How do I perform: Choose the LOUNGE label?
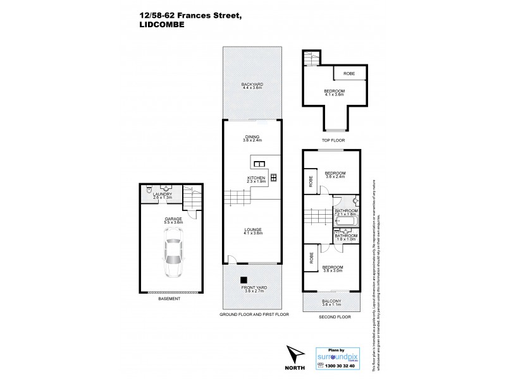click(x=252, y=231)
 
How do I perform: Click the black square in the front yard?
click(x=242, y=280)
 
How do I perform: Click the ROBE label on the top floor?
click(x=349, y=74)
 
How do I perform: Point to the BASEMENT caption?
click(x=169, y=299)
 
